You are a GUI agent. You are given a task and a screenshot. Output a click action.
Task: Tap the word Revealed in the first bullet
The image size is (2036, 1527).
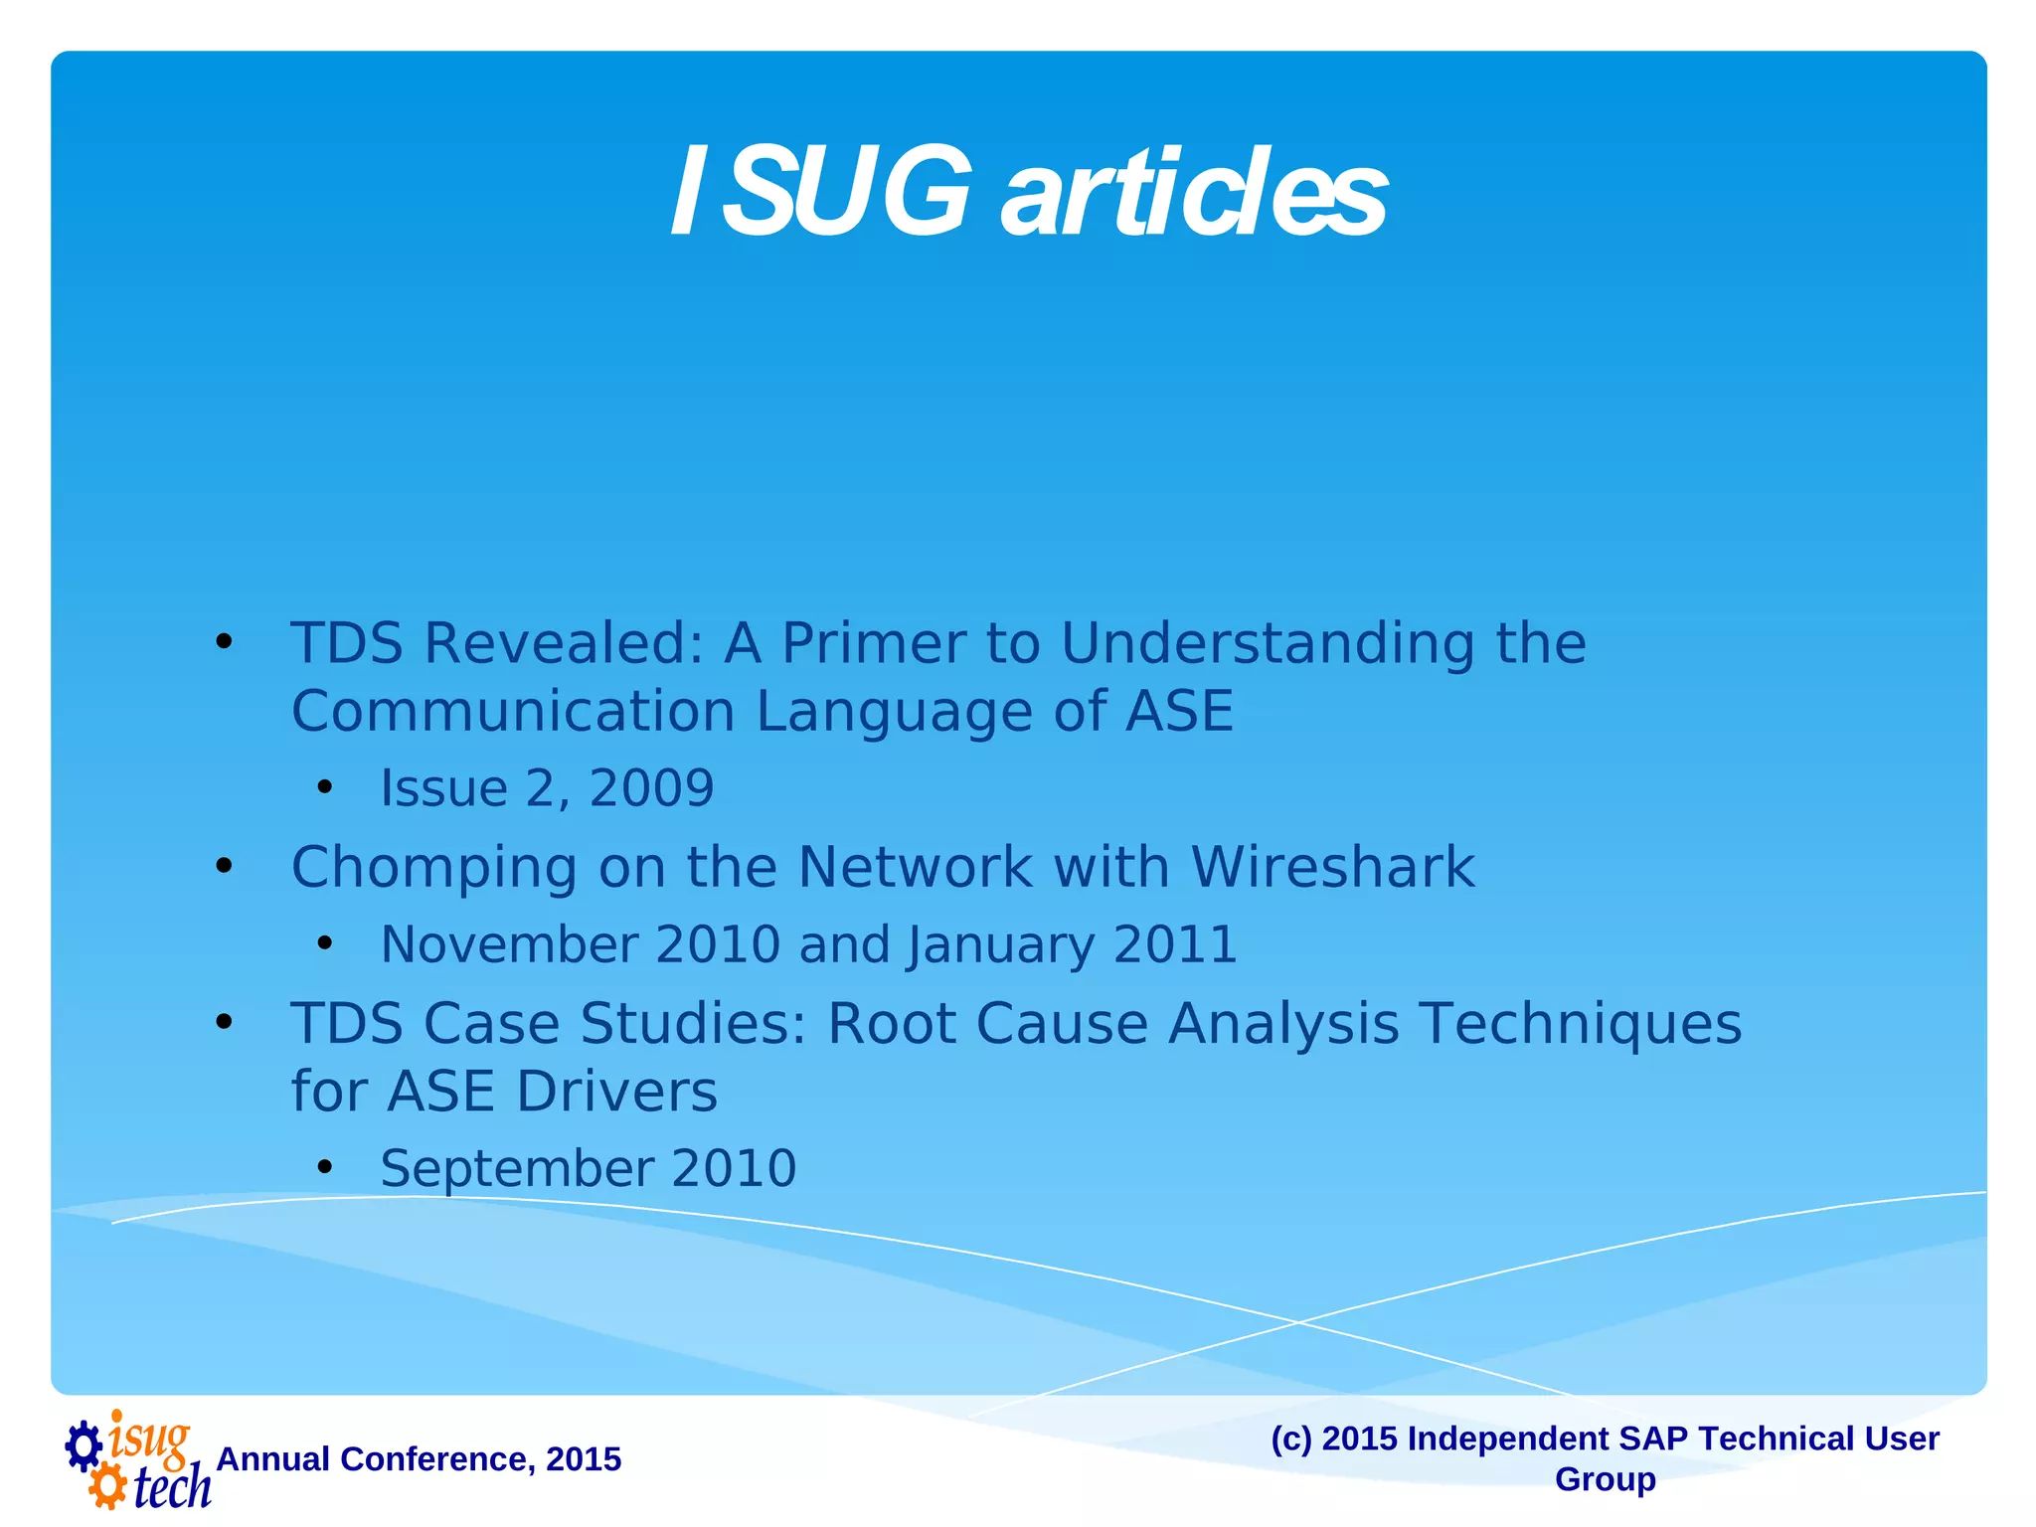tap(565, 643)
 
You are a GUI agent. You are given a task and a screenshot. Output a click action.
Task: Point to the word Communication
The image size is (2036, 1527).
tap(513, 712)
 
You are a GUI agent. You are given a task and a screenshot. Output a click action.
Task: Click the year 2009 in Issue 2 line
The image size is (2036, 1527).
tap(651, 789)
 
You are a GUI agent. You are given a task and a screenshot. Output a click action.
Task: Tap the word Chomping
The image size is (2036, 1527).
tap(433, 868)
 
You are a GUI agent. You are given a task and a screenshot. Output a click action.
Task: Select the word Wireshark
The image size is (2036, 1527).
tap(1332, 868)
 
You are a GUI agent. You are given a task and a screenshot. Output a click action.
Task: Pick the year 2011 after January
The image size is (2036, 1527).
tap(1175, 944)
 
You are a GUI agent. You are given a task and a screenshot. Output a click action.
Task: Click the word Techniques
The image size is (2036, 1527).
tap(1580, 1024)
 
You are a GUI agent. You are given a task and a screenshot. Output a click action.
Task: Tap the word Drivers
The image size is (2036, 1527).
tap(616, 1092)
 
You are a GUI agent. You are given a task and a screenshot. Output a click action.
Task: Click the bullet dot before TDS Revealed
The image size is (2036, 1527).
tap(225, 642)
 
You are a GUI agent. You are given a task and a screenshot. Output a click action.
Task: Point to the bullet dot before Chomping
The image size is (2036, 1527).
tap(225, 867)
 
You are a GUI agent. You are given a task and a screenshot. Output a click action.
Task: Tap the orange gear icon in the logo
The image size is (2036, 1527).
tap(106, 1488)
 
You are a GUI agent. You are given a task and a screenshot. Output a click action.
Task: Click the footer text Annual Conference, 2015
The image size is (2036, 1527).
tap(419, 1459)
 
